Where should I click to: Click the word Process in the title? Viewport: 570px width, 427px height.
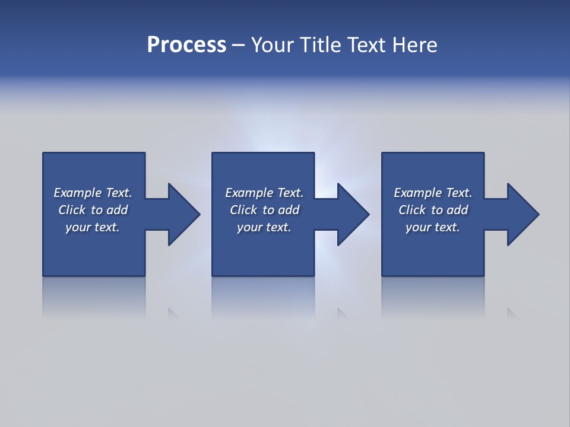coord(186,45)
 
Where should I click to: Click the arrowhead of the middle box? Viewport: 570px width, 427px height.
coord(353,214)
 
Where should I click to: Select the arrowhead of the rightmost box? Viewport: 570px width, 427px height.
coord(522,214)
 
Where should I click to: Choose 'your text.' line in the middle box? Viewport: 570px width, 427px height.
coord(264,227)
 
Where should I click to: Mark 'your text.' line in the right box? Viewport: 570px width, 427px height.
coord(432,227)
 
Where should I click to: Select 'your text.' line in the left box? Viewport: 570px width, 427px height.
coord(92,227)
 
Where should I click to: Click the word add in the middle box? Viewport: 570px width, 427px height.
coord(289,210)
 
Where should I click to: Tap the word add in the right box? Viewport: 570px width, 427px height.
coord(457,210)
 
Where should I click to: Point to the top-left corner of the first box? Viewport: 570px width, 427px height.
coord(43,154)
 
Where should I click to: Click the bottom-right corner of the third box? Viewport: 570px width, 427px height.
coord(483,275)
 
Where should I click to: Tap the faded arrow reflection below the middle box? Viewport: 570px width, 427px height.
coord(342,313)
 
